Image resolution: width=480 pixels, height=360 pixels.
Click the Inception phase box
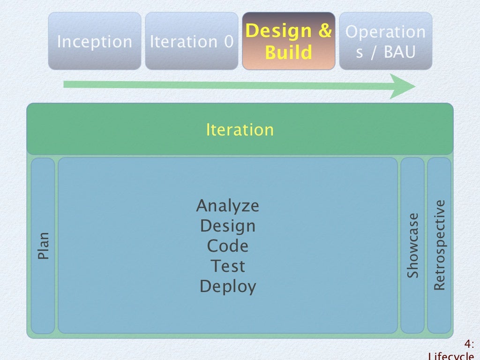94,41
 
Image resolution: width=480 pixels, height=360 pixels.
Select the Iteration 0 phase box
191,41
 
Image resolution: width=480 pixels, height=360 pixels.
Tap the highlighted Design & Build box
288,41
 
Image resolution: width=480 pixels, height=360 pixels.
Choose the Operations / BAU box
385,41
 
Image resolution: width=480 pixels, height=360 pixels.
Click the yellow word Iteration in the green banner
240,129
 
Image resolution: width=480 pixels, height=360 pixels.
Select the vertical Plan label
43,246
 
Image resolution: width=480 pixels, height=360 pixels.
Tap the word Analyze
227,206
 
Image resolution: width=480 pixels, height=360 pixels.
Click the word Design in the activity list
227,226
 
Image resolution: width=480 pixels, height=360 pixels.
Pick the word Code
227,246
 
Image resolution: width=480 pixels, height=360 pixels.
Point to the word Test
227,266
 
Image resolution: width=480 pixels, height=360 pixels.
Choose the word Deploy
227,286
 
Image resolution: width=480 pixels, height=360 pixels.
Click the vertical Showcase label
412,246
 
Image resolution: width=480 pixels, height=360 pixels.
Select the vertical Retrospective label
439,246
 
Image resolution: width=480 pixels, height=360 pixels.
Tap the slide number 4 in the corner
468,344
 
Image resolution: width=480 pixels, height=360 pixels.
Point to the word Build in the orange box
288,52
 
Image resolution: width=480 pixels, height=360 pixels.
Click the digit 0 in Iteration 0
228,42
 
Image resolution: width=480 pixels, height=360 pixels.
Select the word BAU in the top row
399,52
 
